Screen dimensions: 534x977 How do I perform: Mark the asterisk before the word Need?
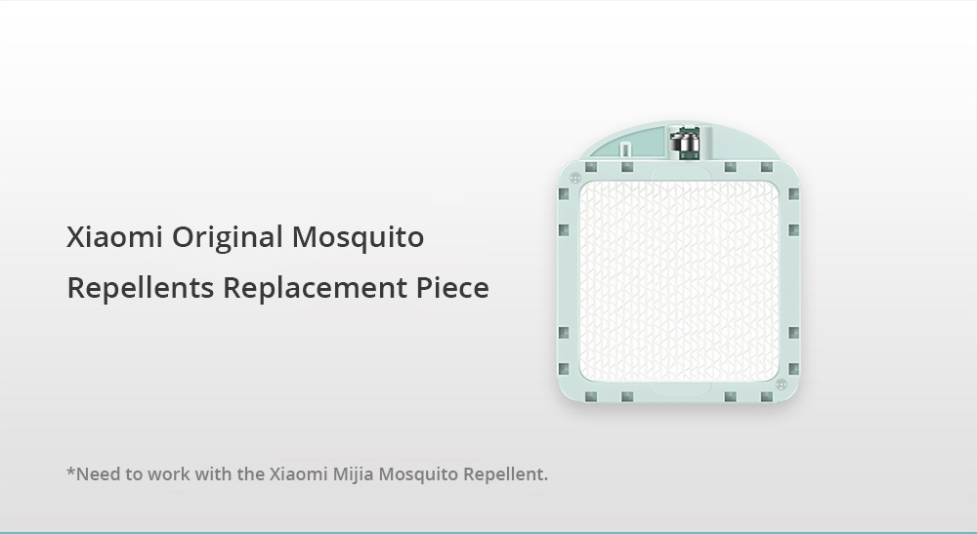70,473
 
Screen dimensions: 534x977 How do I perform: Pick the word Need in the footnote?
97,475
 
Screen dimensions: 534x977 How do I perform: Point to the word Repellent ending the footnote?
504,475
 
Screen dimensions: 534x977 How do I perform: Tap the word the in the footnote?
251,475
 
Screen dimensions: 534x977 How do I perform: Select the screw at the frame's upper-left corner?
575,179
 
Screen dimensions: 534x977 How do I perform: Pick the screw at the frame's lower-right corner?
782,385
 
